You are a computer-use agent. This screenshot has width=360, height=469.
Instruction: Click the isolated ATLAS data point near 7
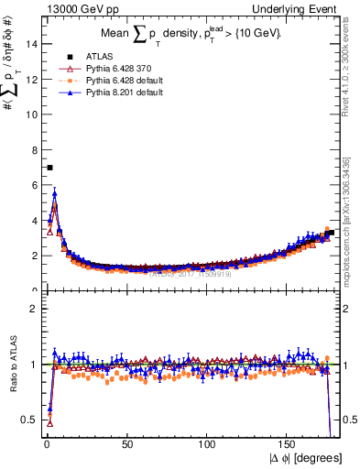[49, 168]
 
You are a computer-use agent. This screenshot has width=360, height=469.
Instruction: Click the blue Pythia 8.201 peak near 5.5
[54, 192]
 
